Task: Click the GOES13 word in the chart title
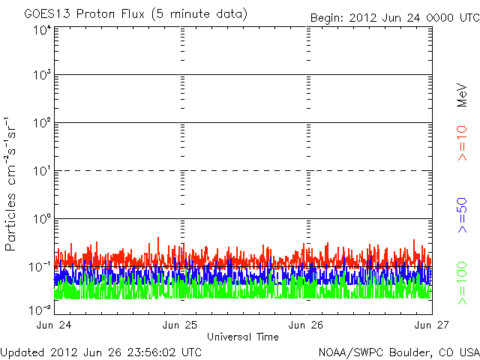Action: [47, 13]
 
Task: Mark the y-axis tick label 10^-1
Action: [40, 267]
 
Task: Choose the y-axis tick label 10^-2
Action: [40, 310]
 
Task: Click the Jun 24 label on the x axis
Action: [54, 325]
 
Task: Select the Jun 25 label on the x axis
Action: [180, 325]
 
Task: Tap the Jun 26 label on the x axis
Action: [306, 325]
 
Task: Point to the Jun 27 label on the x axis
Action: [432, 325]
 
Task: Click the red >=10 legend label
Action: [462, 143]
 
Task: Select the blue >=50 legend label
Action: [462, 215]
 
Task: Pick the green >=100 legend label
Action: [462, 283]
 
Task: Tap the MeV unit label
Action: [462, 95]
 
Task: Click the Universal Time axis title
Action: [243, 337]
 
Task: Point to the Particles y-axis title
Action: [10, 222]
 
